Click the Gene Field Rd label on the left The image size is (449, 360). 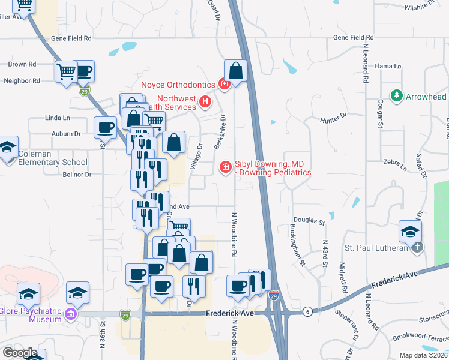(71, 38)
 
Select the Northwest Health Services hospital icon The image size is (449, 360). (205, 102)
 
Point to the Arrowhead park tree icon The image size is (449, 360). (396, 96)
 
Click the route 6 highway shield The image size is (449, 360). (307, 311)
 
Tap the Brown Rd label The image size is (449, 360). (22, 64)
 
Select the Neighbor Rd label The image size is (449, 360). (22, 80)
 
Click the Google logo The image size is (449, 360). (20, 353)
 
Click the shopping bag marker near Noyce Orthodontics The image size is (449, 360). (236, 71)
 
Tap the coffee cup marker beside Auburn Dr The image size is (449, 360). (106, 128)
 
